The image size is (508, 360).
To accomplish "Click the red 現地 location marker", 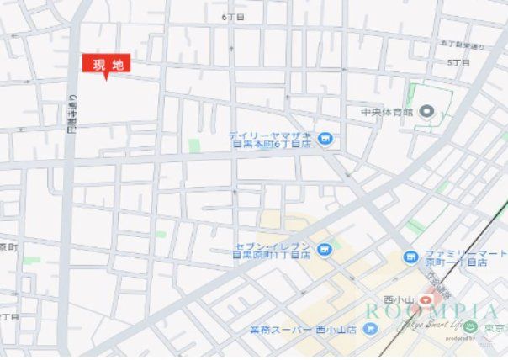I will tap(106, 65).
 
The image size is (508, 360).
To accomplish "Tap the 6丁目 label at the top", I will tap(233, 16).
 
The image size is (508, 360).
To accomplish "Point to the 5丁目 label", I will tap(458, 62).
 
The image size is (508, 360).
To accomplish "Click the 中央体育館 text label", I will tap(387, 111).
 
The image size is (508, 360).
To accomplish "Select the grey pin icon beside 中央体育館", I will tap(426, 111).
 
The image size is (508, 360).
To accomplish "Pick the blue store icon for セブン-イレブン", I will tap(324, 247).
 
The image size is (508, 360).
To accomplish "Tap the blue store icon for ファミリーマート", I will tap(410, 257).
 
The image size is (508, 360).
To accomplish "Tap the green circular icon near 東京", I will tap(473, 327).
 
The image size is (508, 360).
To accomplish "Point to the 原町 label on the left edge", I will tap(7, 247).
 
